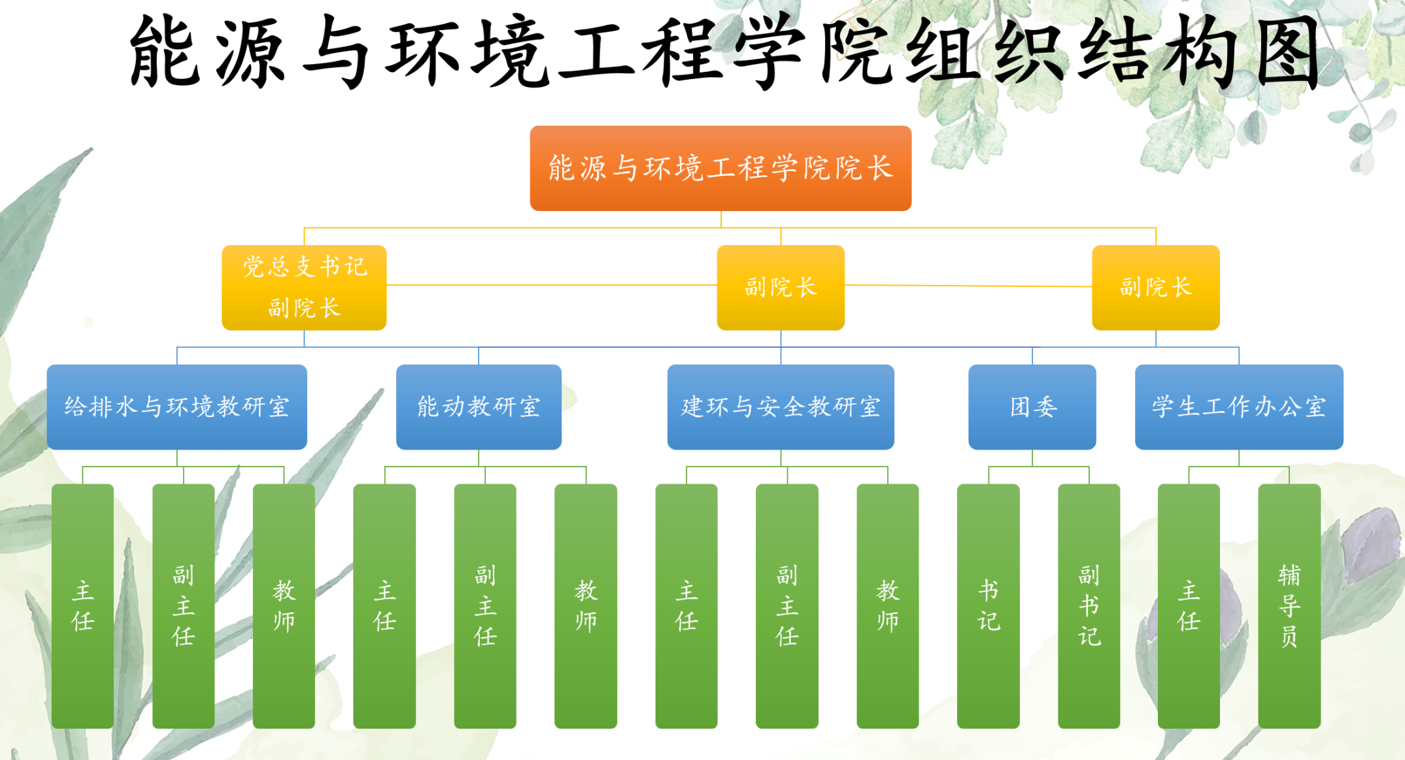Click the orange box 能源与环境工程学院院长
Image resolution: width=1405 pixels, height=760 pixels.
(720, 168)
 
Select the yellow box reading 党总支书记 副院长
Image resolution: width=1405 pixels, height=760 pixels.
(304, 288)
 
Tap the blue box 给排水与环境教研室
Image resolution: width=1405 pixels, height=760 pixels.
(177, 406)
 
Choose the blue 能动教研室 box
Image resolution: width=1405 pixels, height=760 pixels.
(479, 406)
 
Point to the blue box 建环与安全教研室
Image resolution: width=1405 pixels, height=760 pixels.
(781, 406)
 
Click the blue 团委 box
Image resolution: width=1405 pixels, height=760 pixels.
(1032, 406)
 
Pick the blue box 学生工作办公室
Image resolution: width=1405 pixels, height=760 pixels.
(1239, 406)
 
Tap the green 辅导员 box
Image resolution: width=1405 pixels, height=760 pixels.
(1289, 606)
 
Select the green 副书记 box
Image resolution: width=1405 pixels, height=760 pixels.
(1089, 606)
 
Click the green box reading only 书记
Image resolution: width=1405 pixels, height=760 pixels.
(989, 606)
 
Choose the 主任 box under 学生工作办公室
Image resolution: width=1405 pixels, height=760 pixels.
(1189, 606)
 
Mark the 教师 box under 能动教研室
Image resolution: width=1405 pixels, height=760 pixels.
(586, 606)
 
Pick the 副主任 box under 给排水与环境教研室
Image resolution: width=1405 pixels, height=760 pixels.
(184, 606)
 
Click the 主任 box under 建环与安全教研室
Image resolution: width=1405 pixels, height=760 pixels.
(686, 606)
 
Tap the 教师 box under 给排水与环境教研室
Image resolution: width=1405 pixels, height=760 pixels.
(284, 606)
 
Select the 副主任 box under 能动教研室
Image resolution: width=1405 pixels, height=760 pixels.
(485, 606)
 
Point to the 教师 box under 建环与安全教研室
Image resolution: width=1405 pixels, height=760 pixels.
(888, 606)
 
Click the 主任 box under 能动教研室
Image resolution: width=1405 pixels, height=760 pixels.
(384, 606)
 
